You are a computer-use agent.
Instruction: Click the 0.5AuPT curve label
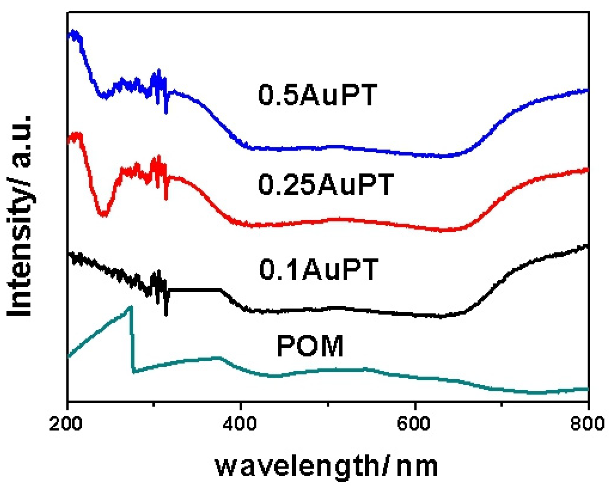(x=317, y=95)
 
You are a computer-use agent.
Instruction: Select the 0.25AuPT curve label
(x=326, y=184)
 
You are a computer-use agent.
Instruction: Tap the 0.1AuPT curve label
(x=319, y=269)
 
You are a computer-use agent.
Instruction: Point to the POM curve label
(x=310, y=346)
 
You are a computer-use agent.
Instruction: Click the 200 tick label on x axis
(x=66, y=424)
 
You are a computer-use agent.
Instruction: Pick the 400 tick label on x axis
(x=240, y=424)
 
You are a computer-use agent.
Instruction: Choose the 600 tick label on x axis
(x=414, y=424)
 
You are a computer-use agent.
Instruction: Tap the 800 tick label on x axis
(x=587, y=424)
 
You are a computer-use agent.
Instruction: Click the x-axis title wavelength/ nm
(x=326, y=466)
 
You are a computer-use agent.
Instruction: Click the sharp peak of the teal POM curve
(x=131, y=307)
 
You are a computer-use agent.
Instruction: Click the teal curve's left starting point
(x=69, y=357)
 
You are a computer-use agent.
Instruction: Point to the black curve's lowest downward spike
(x=166, y=315)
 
